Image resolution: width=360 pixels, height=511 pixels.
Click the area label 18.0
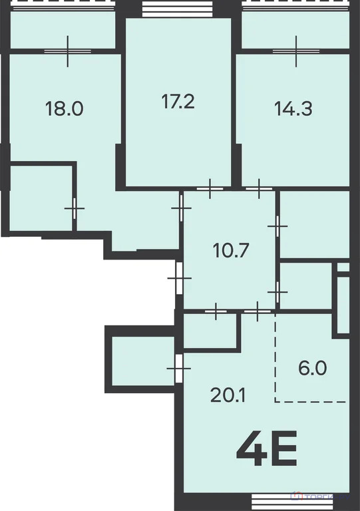click(64, 108)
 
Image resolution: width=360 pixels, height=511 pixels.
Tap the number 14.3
click(293, 108)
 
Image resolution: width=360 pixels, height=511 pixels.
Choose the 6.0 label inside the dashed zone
click(311, 368)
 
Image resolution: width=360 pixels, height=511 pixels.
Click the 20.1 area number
click(228, 396)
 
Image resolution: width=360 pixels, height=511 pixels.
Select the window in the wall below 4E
click(273, 504)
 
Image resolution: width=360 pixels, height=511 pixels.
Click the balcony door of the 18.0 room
click(69, 51)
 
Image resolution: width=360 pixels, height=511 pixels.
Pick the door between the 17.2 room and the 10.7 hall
click(210, 190)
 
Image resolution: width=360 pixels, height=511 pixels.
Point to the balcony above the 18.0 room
click(64, 31)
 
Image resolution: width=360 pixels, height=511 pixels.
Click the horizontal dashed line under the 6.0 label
click(311, 401)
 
